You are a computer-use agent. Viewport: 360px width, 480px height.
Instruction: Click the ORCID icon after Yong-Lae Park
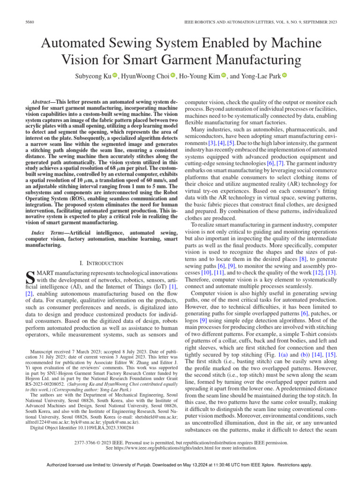click(285, 76)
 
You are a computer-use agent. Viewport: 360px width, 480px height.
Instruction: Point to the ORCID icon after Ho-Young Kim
click(223, 76)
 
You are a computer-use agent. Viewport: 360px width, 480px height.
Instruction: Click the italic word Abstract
click(40, 102)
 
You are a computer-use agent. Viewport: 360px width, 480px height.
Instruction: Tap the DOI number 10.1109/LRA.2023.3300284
click(96, 428)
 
